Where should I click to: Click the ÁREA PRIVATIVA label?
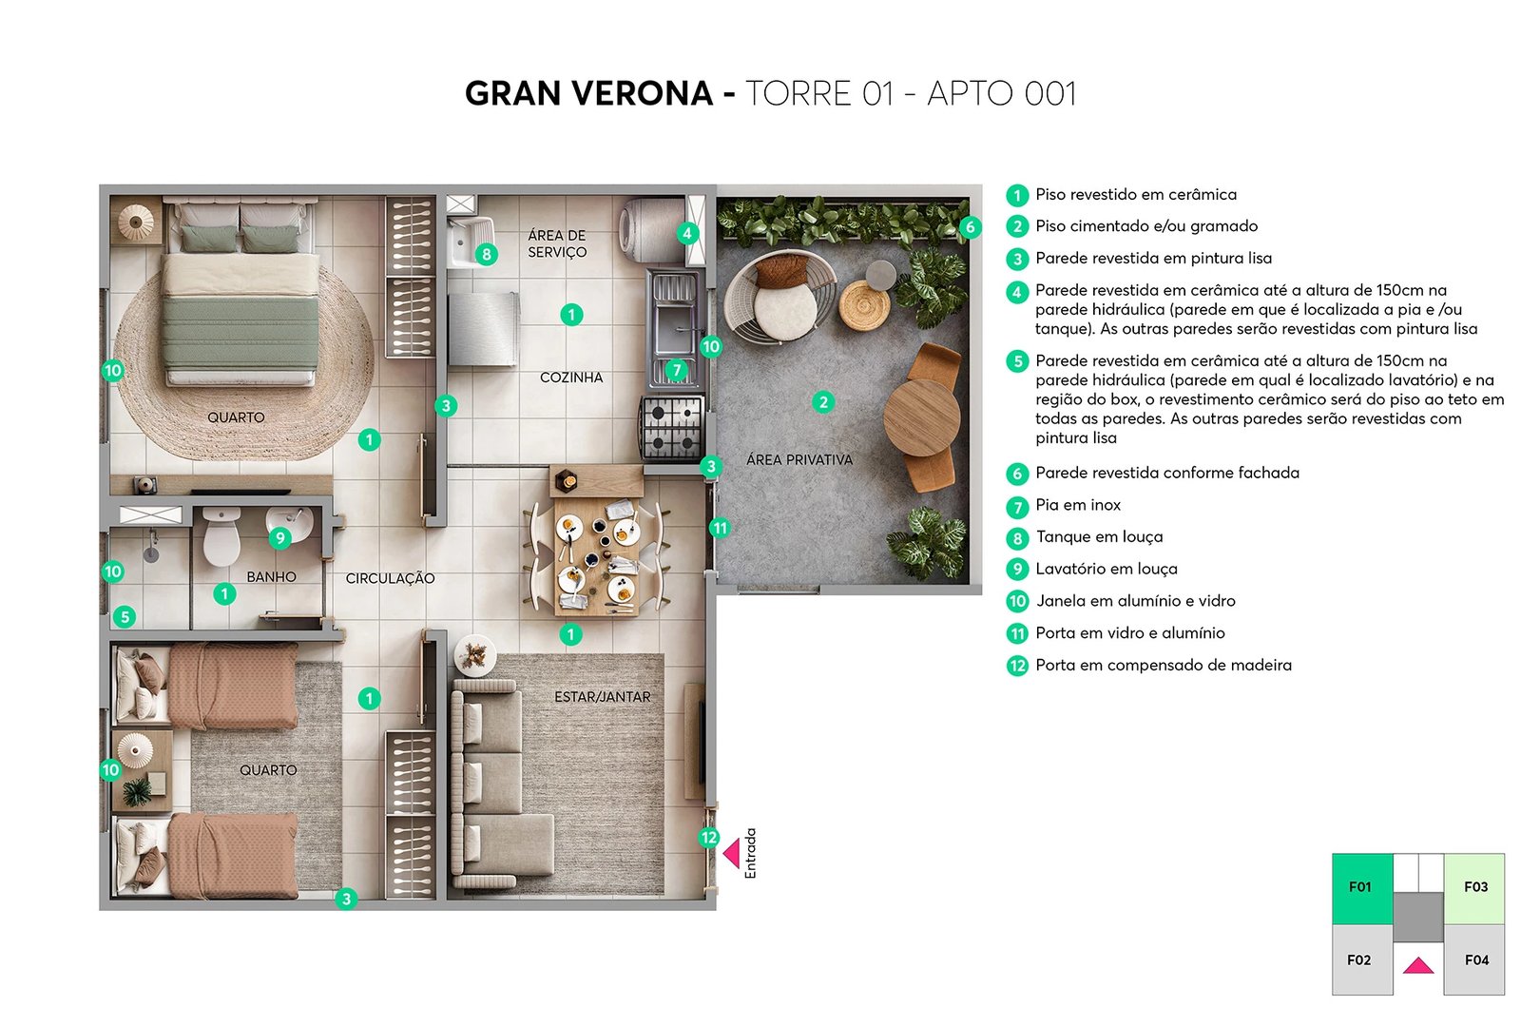click(799, 460)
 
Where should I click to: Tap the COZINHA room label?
click(571, 378)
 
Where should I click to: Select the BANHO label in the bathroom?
click(271, 577)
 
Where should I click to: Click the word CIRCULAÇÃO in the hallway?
click(390, 578)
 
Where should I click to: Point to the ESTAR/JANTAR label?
click(602, 697)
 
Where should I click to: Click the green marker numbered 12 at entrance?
click(709, 838)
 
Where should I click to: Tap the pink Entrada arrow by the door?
click(732, 853)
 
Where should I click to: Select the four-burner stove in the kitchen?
click(672, 428)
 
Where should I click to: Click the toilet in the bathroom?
click(221, 538)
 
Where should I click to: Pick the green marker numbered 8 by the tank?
click(487, 254)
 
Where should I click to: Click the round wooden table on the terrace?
click(921, 417)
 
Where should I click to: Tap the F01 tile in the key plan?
click(1361, 888)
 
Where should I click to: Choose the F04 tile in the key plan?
click(1475, 960)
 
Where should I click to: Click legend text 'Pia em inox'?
click(1078, 505)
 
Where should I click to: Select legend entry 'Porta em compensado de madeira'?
click(1163, 666)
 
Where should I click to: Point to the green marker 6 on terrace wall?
click(970, 227)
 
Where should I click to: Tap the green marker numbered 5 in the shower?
click(125, 617)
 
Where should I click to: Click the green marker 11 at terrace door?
click(720, 528)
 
